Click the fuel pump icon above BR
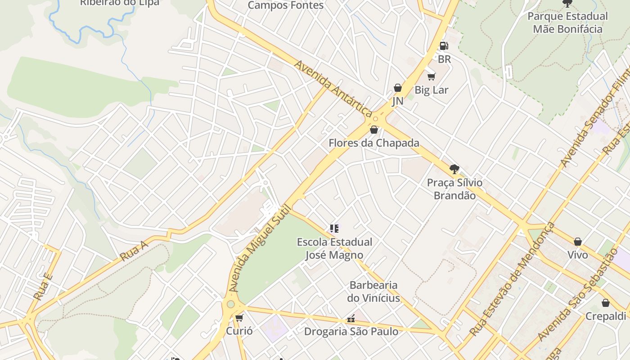pos(444,45)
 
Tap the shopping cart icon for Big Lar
pos(432,76)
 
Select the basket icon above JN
pos(398,88)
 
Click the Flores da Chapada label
pos(374,143)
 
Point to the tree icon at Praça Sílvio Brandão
pos(454,169)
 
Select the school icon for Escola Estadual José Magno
pos(334,229)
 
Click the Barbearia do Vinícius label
pos(373,292)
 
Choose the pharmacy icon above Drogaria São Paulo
pos(351,319)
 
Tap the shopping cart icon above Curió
pos(239,318)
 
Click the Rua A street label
pos(134,251)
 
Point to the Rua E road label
pos(43,287)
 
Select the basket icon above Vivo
pos(578,242)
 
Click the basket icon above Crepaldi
pos(606,303)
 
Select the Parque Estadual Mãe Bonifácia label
pos(567,22)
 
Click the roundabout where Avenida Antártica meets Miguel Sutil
pos(375,119)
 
